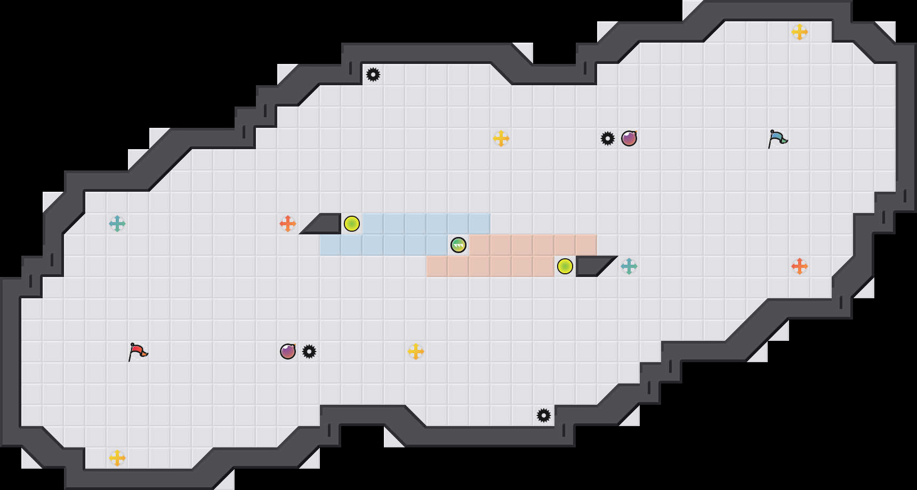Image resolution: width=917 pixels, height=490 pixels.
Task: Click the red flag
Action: point(138,352)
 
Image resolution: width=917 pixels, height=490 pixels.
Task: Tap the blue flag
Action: point(777,138)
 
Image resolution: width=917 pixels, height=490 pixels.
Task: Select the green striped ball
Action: point(458,245)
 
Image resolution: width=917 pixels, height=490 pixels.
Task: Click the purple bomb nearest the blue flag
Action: point(629,138)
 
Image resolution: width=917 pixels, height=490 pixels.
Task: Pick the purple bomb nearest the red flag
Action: point(288,352)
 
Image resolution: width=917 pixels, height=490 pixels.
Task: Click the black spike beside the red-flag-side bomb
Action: point(309,352)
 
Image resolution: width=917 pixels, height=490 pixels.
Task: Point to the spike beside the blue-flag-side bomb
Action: point(608,138)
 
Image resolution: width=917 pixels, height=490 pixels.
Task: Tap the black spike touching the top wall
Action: point(373,75)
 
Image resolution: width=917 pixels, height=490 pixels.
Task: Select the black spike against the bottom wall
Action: point(544,415)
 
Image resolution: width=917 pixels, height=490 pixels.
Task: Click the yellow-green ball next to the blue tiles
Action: point(352,224)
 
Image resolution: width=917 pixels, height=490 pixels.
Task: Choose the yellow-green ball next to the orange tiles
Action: point(565,266)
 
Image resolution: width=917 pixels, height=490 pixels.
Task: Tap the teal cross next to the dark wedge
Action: point(629,266)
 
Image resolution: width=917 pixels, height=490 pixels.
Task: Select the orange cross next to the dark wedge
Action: point(288,224)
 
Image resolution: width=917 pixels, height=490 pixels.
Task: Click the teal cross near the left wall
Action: point(117,224)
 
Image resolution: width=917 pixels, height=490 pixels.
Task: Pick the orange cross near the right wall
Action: point(800,266)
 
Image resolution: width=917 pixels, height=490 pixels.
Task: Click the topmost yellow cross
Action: point(800,32)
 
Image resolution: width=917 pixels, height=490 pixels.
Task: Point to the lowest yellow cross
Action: point(117,458)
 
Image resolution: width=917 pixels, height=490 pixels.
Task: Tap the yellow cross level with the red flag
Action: point(416,352)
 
